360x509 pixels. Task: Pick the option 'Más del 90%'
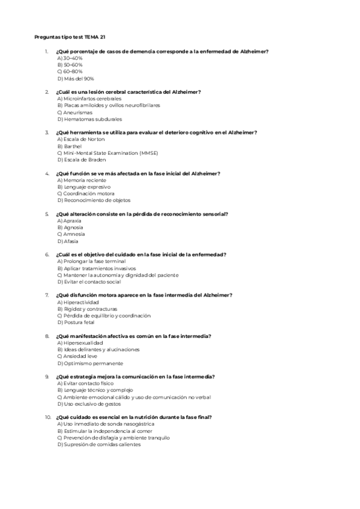[x=76, y=78]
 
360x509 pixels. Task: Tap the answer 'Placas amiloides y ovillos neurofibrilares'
[x=108, y=105]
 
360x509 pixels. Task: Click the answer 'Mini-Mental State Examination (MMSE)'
[x=107, y=153]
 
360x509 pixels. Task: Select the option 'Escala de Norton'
[x=80, y=139]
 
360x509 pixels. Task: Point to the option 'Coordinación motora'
[x=85, y=194]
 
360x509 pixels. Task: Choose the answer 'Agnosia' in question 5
[x=70, y=227]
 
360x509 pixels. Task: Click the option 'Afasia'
[x=68, y=241]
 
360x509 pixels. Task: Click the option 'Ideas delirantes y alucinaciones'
[x=98, y=349]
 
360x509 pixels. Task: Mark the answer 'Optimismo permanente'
[x=90, y=363]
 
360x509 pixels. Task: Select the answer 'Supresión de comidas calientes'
[x=99, y=445]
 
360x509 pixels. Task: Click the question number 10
[x=48, y=417]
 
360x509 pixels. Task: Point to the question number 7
[x=47, y=295]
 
